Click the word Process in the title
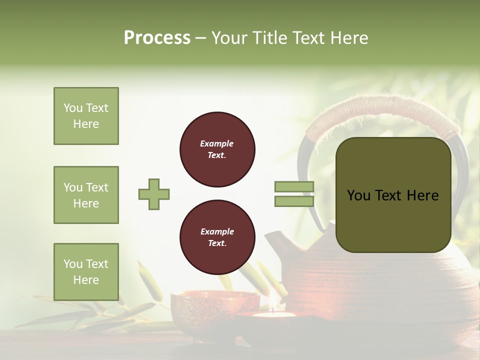click(x=157, y=38)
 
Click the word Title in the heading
click(x=268, y=38)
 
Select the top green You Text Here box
click(x=86, y=116)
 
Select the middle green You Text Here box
click(x=86, y=195)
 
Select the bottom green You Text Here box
click(x=86, y=271)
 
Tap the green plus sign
click(x=154, y=194)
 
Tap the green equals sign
click(x=294, y=194)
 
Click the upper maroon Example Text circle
click(x=217, y=149)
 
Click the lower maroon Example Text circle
click(x=217, y=237)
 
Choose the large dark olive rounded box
click(x=393, y=195)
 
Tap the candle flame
click(x=273, y=306)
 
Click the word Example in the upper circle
click(x=217, y=143)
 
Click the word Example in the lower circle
click(x=217, y=231)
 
